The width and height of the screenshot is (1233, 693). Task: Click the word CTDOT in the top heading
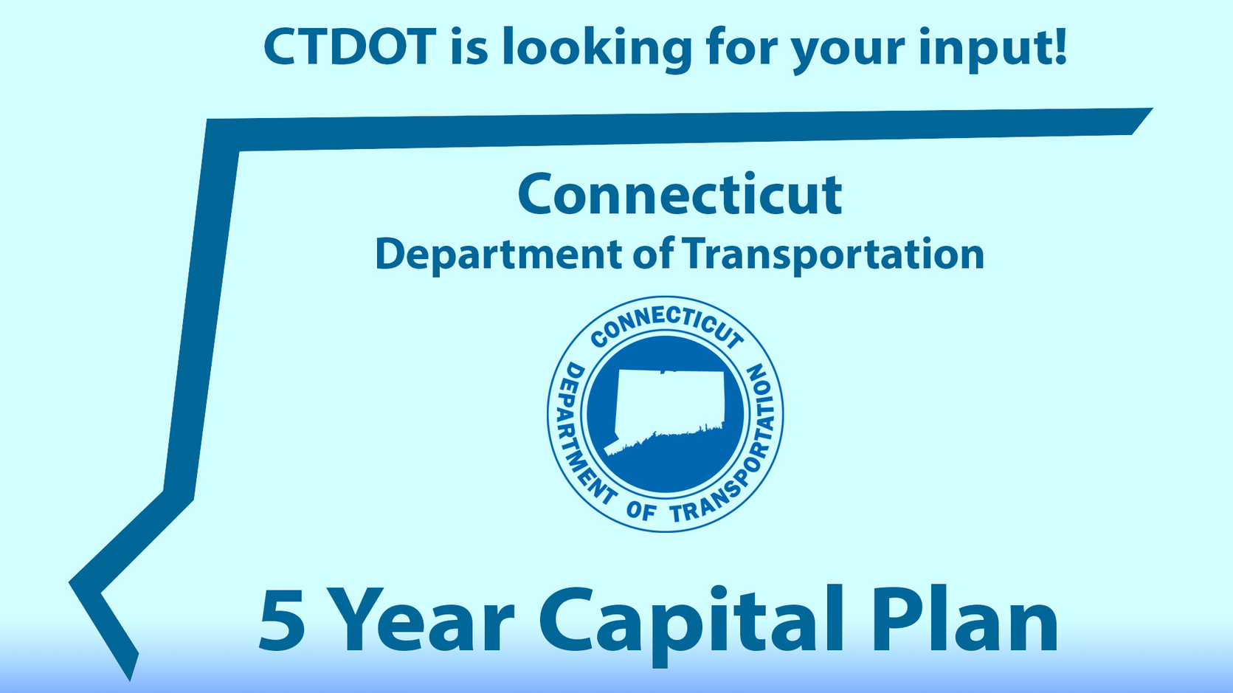tap(350, 46)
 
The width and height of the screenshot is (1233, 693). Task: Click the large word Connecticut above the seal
tap(680, 194)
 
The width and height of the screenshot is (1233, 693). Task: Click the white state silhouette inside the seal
tap(668, 410)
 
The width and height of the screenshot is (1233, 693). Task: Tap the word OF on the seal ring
tap(640, 510)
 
